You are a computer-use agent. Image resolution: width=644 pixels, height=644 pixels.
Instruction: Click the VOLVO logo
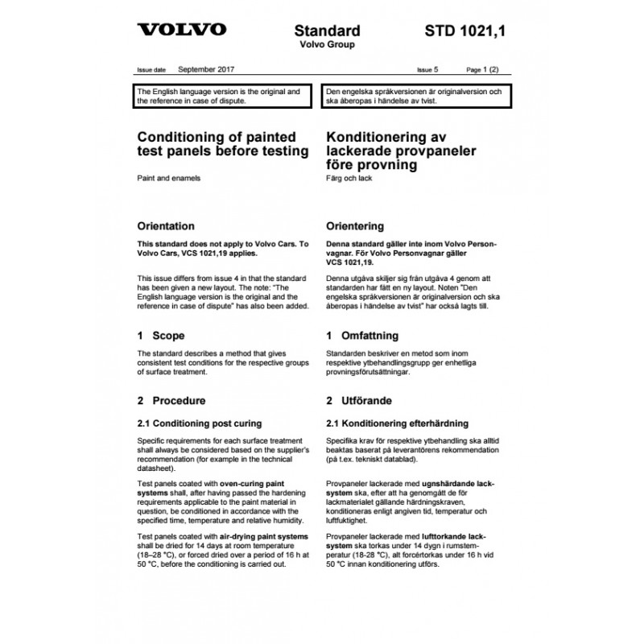point(182,31)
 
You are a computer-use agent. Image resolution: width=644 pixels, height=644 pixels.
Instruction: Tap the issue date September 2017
point(207,70)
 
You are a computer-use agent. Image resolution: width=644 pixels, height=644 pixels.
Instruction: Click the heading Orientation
point(166,226)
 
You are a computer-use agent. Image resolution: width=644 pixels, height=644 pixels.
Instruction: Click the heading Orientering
point(354,226)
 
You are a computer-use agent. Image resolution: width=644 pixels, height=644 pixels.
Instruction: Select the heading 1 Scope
point(161,336)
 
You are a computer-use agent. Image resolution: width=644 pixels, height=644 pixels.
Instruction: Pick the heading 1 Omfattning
point(361,336)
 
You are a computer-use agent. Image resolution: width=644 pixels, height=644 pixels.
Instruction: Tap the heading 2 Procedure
point(171,400)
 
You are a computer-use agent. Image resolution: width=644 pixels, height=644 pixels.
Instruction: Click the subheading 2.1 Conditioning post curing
point(199,423)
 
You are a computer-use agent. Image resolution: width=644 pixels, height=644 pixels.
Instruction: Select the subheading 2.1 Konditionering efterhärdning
point(398,423)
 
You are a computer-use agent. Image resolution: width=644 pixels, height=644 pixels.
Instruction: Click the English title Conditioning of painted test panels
point(223,144)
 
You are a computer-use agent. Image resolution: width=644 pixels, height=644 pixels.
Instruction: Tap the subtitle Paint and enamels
point(169,177)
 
